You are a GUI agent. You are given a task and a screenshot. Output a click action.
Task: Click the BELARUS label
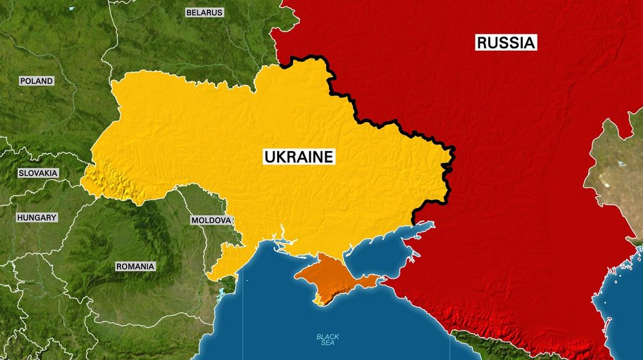pos(204,12)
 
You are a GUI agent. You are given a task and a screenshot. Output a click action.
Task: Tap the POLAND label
pos(37,81)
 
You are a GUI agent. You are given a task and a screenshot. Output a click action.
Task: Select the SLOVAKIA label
pos(38,173)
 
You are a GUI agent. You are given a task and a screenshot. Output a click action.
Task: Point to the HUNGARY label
pos(37,218)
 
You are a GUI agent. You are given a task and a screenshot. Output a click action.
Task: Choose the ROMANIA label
pos(135,266)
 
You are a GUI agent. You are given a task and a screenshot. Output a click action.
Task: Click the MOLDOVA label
pos(211,221)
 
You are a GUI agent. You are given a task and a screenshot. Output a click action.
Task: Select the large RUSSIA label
pos(505,43)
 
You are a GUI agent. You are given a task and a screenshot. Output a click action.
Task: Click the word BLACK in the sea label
pos(328,337)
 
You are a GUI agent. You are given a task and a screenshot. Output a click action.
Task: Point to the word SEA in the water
pos(328,345)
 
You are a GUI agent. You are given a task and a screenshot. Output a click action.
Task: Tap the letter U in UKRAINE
pos(269,156)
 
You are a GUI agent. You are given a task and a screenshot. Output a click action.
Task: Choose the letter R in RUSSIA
pos(482,43)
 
